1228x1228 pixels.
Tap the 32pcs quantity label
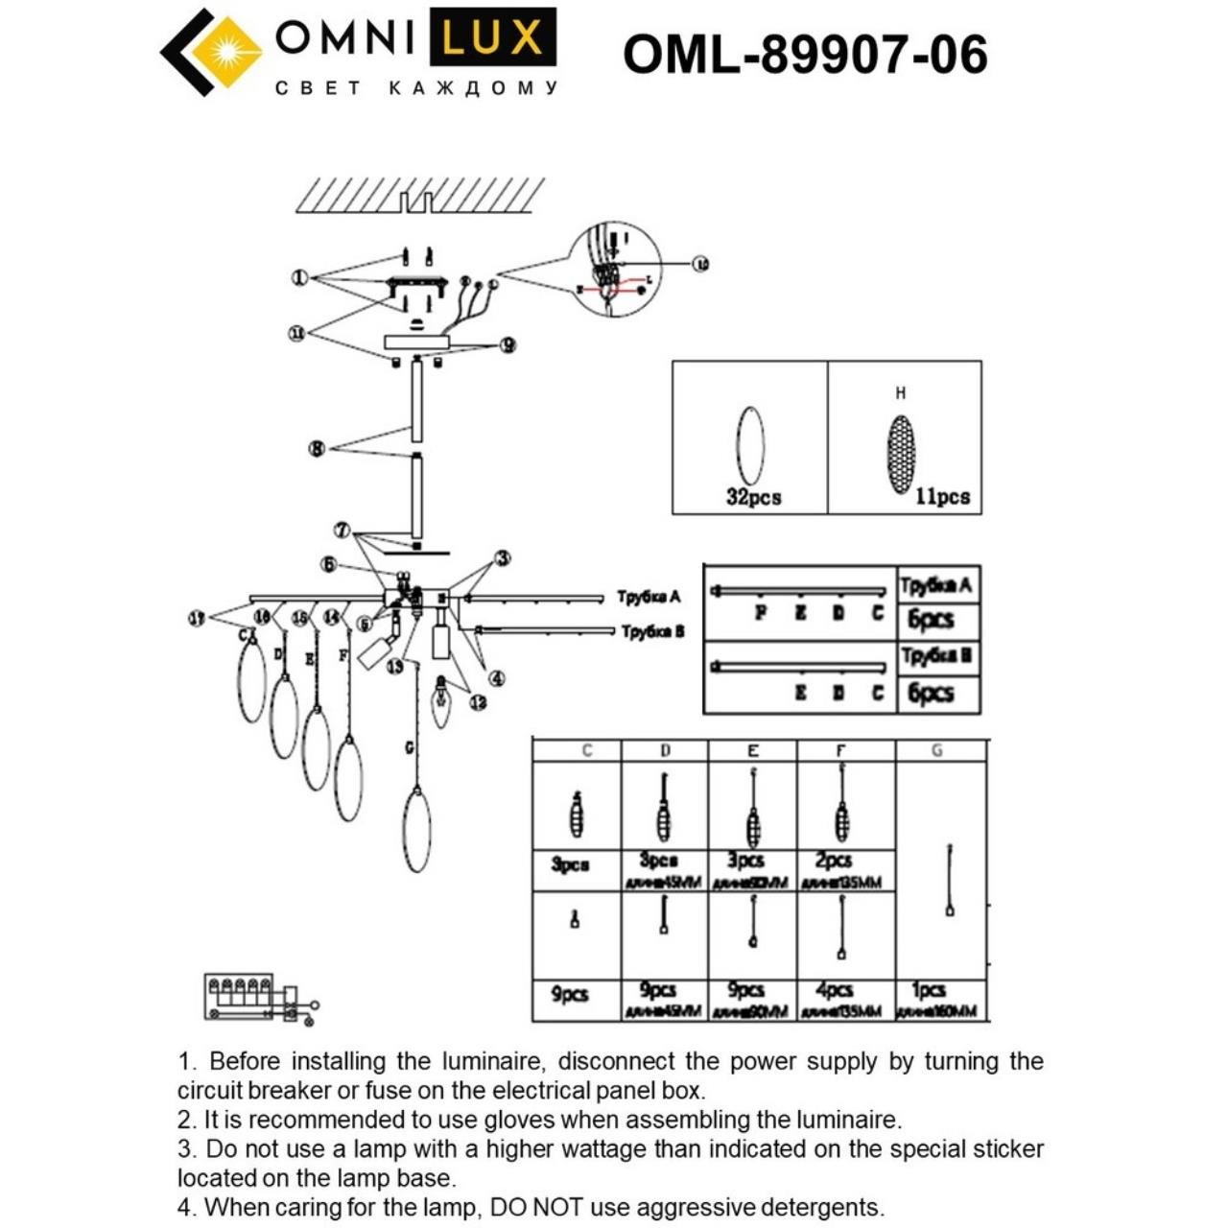753,497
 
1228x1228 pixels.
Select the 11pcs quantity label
942,497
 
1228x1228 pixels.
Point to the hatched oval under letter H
900,453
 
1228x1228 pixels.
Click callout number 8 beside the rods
317,448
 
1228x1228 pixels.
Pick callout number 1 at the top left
300,277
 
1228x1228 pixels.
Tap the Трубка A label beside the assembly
649,597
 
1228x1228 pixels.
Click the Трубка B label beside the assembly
652,631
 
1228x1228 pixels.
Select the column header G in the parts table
936,750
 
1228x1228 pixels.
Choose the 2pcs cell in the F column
833,861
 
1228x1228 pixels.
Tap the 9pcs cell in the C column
570,995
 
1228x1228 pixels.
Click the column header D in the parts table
666,750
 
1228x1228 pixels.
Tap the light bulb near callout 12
441,703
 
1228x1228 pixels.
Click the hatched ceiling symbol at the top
419,197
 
